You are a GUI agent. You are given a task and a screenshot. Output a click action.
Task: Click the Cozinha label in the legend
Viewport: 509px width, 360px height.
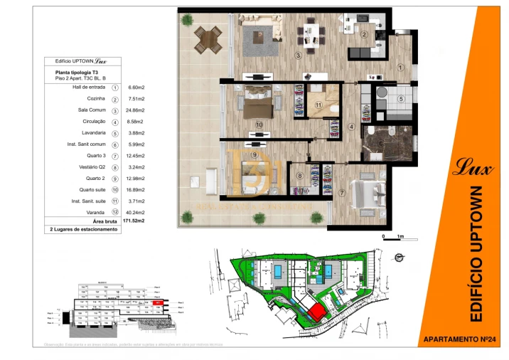(96, 98)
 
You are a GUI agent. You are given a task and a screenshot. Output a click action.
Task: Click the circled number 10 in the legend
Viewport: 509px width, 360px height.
(114, 190)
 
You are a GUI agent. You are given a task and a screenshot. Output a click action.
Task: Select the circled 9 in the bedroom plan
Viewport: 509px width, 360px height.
(254, 154)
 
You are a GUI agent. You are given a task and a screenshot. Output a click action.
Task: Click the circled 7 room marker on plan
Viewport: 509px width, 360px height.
(342, 193)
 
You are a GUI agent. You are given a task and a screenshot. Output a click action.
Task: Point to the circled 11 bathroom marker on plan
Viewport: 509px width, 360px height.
(319, 105)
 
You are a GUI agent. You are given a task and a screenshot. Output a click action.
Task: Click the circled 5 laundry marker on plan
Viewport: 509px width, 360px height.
(401, 99)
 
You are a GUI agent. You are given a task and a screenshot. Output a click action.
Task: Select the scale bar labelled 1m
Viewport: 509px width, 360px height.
(392, 235)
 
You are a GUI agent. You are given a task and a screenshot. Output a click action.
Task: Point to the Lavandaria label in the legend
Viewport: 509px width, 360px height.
(95, 133)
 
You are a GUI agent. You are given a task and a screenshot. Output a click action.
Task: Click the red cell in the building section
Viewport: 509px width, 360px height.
(159, 302)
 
